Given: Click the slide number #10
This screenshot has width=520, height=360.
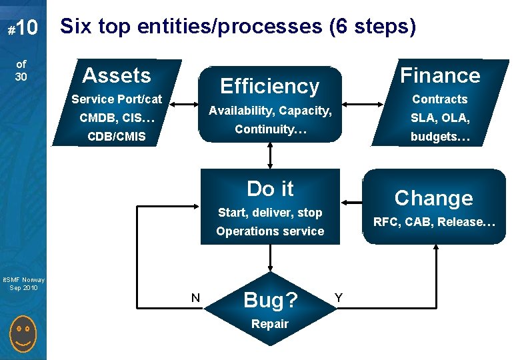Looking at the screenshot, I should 22,28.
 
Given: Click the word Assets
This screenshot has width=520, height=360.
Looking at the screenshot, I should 117,75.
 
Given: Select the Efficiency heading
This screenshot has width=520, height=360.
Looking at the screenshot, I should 270,86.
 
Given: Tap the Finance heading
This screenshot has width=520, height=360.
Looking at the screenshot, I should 440,75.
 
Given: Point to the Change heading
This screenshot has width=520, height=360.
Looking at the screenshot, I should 433,198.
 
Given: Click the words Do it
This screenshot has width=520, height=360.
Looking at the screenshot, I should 270,189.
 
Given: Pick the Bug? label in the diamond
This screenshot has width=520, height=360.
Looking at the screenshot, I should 270,300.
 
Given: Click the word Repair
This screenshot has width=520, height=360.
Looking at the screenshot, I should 270,324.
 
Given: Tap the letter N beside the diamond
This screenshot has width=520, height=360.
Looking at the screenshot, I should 195,297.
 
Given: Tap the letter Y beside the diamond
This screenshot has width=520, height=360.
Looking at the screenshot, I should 339,297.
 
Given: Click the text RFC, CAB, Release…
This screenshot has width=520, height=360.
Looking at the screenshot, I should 434,222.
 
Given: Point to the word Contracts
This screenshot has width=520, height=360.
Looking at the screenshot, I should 439,99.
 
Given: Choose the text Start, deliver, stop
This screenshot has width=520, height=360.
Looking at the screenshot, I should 270,213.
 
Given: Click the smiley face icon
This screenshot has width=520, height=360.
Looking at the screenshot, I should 23,336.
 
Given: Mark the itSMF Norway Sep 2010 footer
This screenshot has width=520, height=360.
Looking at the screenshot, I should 23,283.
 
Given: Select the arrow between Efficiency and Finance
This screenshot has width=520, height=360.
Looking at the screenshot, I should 361,105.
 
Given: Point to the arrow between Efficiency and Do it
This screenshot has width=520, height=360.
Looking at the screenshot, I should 270,154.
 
